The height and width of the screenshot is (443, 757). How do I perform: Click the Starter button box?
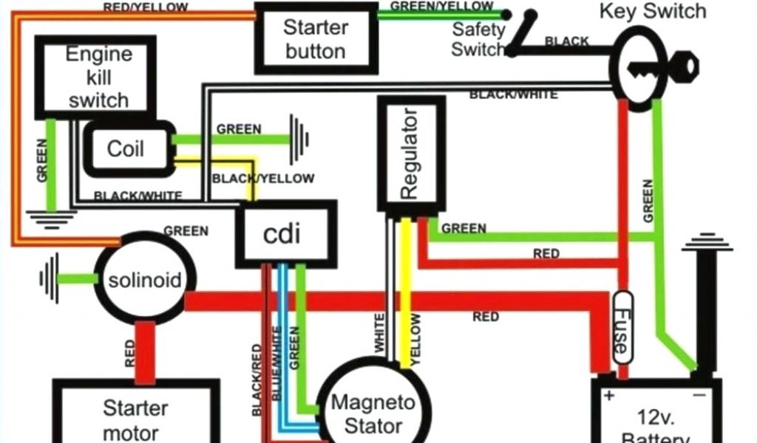coord(316,38)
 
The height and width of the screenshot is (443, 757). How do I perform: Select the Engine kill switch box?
coord(98,78)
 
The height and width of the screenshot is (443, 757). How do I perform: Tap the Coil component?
coord(126,148)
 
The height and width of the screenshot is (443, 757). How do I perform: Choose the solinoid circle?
coord(143,280)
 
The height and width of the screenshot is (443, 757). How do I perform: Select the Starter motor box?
coord(135,418)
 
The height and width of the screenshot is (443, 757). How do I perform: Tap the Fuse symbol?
coord(622,326)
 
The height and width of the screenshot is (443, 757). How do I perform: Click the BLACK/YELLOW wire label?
coord(262,179)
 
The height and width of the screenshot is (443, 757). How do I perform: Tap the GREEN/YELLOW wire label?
coord(442,6)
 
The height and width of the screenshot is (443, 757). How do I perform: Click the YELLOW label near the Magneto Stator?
coord(415,338)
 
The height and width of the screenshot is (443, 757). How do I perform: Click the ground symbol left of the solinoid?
coord(50,278)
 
